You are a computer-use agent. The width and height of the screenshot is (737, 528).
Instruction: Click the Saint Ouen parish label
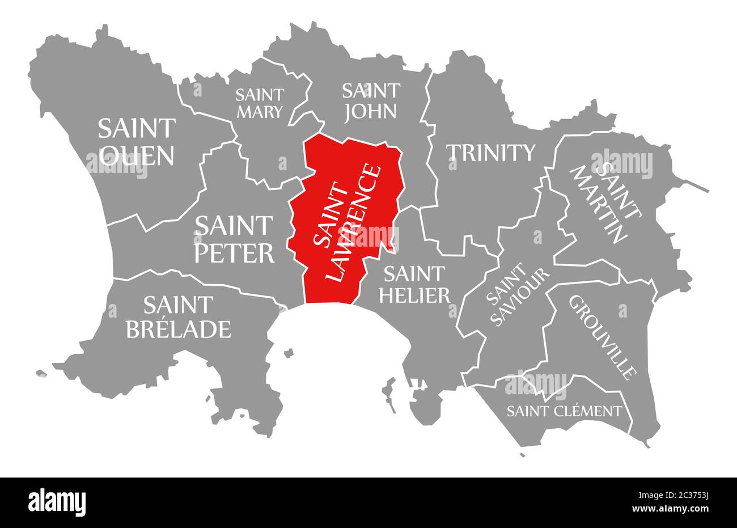(x=136, y=142)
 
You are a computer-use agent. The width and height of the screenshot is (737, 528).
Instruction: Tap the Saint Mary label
(x=259, y=103)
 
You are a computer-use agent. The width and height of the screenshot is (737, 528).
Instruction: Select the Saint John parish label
(x=370, y=100)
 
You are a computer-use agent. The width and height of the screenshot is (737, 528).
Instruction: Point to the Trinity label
(x=490, y=152)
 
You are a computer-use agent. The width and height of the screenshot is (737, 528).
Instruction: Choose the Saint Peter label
(x=234, y=239)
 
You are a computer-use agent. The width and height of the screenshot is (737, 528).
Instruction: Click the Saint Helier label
(x=417, y=284)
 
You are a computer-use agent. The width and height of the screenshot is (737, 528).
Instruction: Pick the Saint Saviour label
(x=517, y=297)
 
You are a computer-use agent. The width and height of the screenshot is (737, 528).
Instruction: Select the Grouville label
(x=601, y=337)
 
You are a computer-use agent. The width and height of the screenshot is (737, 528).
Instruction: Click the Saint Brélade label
(x=178, y=317)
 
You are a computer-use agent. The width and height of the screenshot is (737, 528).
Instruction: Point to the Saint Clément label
(x=564, y=411)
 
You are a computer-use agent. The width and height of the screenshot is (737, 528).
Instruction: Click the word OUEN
(x=136, y=155)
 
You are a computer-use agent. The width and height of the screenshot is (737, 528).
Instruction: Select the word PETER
(x=234, y=252)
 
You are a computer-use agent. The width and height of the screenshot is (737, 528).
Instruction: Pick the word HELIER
(x=417, y=294)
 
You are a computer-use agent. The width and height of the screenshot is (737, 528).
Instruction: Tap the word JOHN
(x=370, y=110)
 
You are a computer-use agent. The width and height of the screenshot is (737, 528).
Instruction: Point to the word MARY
(x=259, y=112)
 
